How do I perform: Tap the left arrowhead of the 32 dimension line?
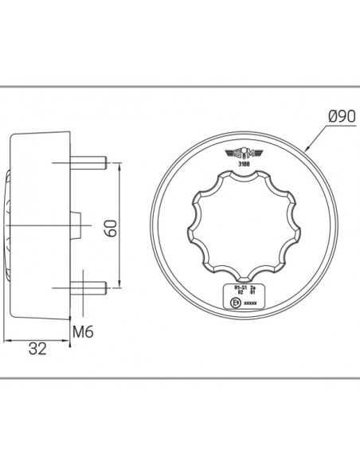pyautogui.click(x=7, y=341)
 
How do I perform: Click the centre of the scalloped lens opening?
pyautogui.click(x=238, y=225)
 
